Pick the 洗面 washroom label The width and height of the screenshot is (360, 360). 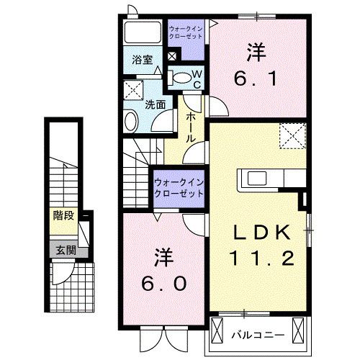[155, 104]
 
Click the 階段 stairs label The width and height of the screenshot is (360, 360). [63, 215]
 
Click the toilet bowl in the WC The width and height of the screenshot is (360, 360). [184, 77]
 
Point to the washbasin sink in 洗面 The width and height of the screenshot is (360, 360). [131, 120]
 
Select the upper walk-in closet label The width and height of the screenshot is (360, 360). [185, 32]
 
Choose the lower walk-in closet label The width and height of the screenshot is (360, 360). [178, 189]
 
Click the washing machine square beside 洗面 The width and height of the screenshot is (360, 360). [132, 91]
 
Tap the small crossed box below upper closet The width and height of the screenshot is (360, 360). [171, 56]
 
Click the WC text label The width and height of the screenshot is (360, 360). [196, 78]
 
